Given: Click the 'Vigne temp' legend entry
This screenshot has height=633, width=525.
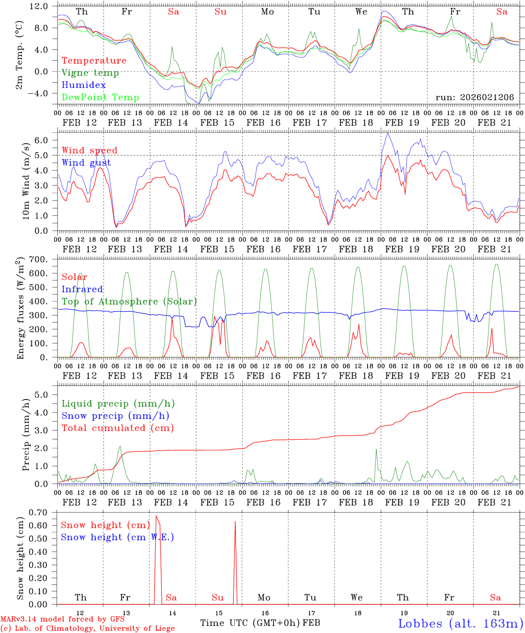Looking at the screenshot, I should [90, 73].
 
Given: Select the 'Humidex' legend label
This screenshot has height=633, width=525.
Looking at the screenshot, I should [84, 85].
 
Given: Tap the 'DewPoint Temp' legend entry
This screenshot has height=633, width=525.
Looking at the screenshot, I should [100, 98].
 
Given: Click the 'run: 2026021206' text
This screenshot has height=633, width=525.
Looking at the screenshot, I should [474, 98].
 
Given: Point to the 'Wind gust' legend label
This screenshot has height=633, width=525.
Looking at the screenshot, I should [86, 163].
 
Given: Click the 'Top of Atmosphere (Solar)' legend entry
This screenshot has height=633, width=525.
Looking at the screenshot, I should [129, 302].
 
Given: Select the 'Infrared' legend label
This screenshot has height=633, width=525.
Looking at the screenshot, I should [82, 289].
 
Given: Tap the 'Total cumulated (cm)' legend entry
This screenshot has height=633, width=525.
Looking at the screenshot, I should [118, 428].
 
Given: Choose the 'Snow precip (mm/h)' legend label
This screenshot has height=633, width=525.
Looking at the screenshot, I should [115, 416].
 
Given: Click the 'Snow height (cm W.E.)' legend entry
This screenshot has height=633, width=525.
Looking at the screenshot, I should [117, 537].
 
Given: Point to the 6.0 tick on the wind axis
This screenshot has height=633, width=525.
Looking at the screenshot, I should [43, 140].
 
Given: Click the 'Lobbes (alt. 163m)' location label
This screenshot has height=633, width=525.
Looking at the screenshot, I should [460, 623].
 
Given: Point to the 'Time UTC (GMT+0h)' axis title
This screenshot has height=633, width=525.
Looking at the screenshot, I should [250, 623].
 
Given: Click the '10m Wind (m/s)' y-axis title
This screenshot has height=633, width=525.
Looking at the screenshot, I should [26, 181].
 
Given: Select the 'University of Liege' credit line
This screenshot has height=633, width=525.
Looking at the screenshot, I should [87, 629].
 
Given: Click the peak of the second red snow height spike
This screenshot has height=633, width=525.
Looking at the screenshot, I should [235, 521].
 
